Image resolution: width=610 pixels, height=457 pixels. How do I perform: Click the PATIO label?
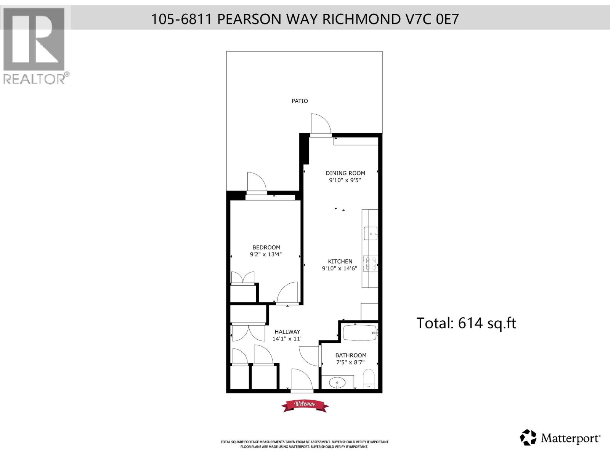pos(300,101)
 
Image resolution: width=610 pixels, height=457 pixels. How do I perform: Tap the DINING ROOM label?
pos(345,173)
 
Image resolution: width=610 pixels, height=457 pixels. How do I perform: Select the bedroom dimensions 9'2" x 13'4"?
pos(266,254)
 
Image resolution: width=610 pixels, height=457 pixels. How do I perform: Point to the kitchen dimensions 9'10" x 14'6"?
pos(339,268)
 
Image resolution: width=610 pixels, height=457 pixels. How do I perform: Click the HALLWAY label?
pos(287,332)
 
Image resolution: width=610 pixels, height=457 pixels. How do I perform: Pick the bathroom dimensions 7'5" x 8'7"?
pos(351,362)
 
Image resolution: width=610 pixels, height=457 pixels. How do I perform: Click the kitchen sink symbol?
pos(370,233)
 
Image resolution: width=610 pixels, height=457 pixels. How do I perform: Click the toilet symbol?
pos(369,379)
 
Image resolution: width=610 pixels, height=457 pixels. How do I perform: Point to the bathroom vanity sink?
pos(337,381)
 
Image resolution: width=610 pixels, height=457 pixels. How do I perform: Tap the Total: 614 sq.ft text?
pos(466,323)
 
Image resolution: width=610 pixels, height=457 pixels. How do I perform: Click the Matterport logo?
pos(560,438)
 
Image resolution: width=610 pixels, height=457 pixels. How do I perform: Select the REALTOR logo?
pos(35,46)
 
